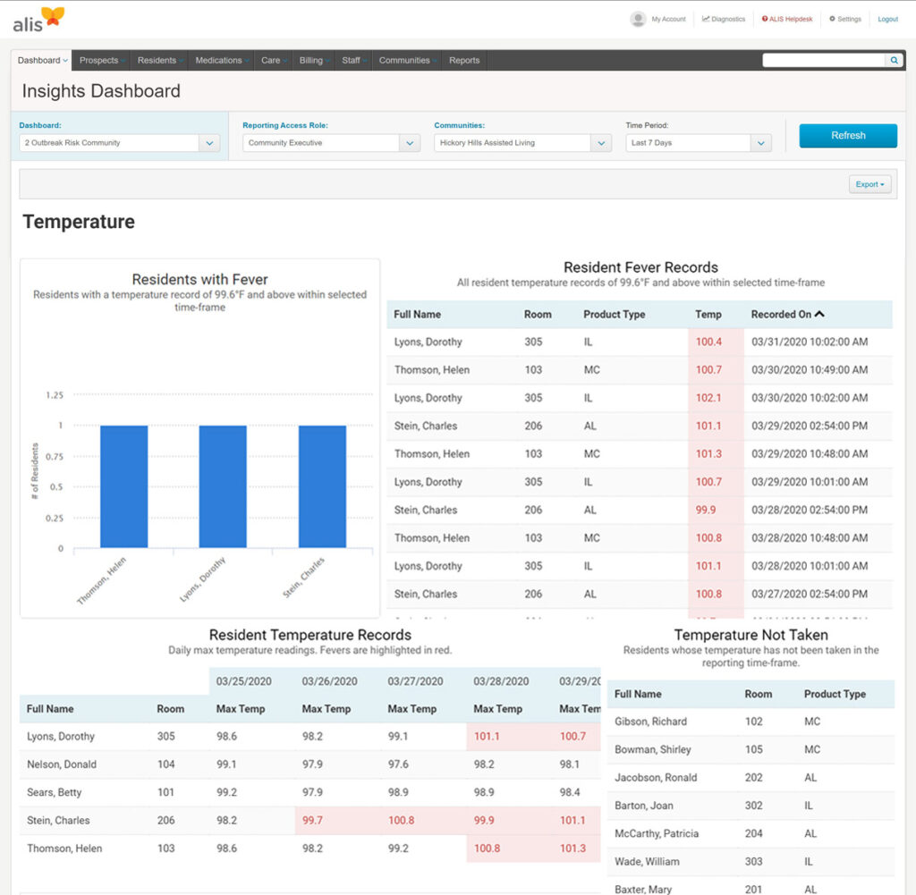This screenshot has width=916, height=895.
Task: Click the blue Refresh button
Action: point(847,136)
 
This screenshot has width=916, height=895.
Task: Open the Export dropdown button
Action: point(869,184)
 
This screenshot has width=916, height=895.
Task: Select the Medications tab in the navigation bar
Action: point(219,61)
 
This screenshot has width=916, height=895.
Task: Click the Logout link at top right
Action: point(887,19)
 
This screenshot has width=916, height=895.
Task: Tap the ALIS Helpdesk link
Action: point(787,19)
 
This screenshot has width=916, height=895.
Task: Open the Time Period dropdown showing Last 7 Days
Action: point(698,143)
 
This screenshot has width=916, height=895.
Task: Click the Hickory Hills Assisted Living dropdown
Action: point(522,143)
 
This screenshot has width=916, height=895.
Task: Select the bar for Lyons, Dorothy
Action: point(223,486)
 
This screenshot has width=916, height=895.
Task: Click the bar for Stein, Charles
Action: point(322,486)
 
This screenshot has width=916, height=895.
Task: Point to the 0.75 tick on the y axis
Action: point(54,456)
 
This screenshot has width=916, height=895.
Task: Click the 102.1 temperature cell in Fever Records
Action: point(708,398)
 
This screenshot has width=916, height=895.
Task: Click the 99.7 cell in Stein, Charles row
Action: point(313,820)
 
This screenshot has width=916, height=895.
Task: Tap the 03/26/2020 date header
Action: point(329,681)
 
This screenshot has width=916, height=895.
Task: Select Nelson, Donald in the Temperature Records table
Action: point(62,764)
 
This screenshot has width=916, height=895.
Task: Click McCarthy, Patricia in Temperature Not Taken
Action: point(656,833)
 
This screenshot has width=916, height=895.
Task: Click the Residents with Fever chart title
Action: point(199,279)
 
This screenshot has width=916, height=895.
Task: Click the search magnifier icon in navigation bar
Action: point(894,61)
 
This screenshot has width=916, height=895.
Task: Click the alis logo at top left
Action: point(38,20)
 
